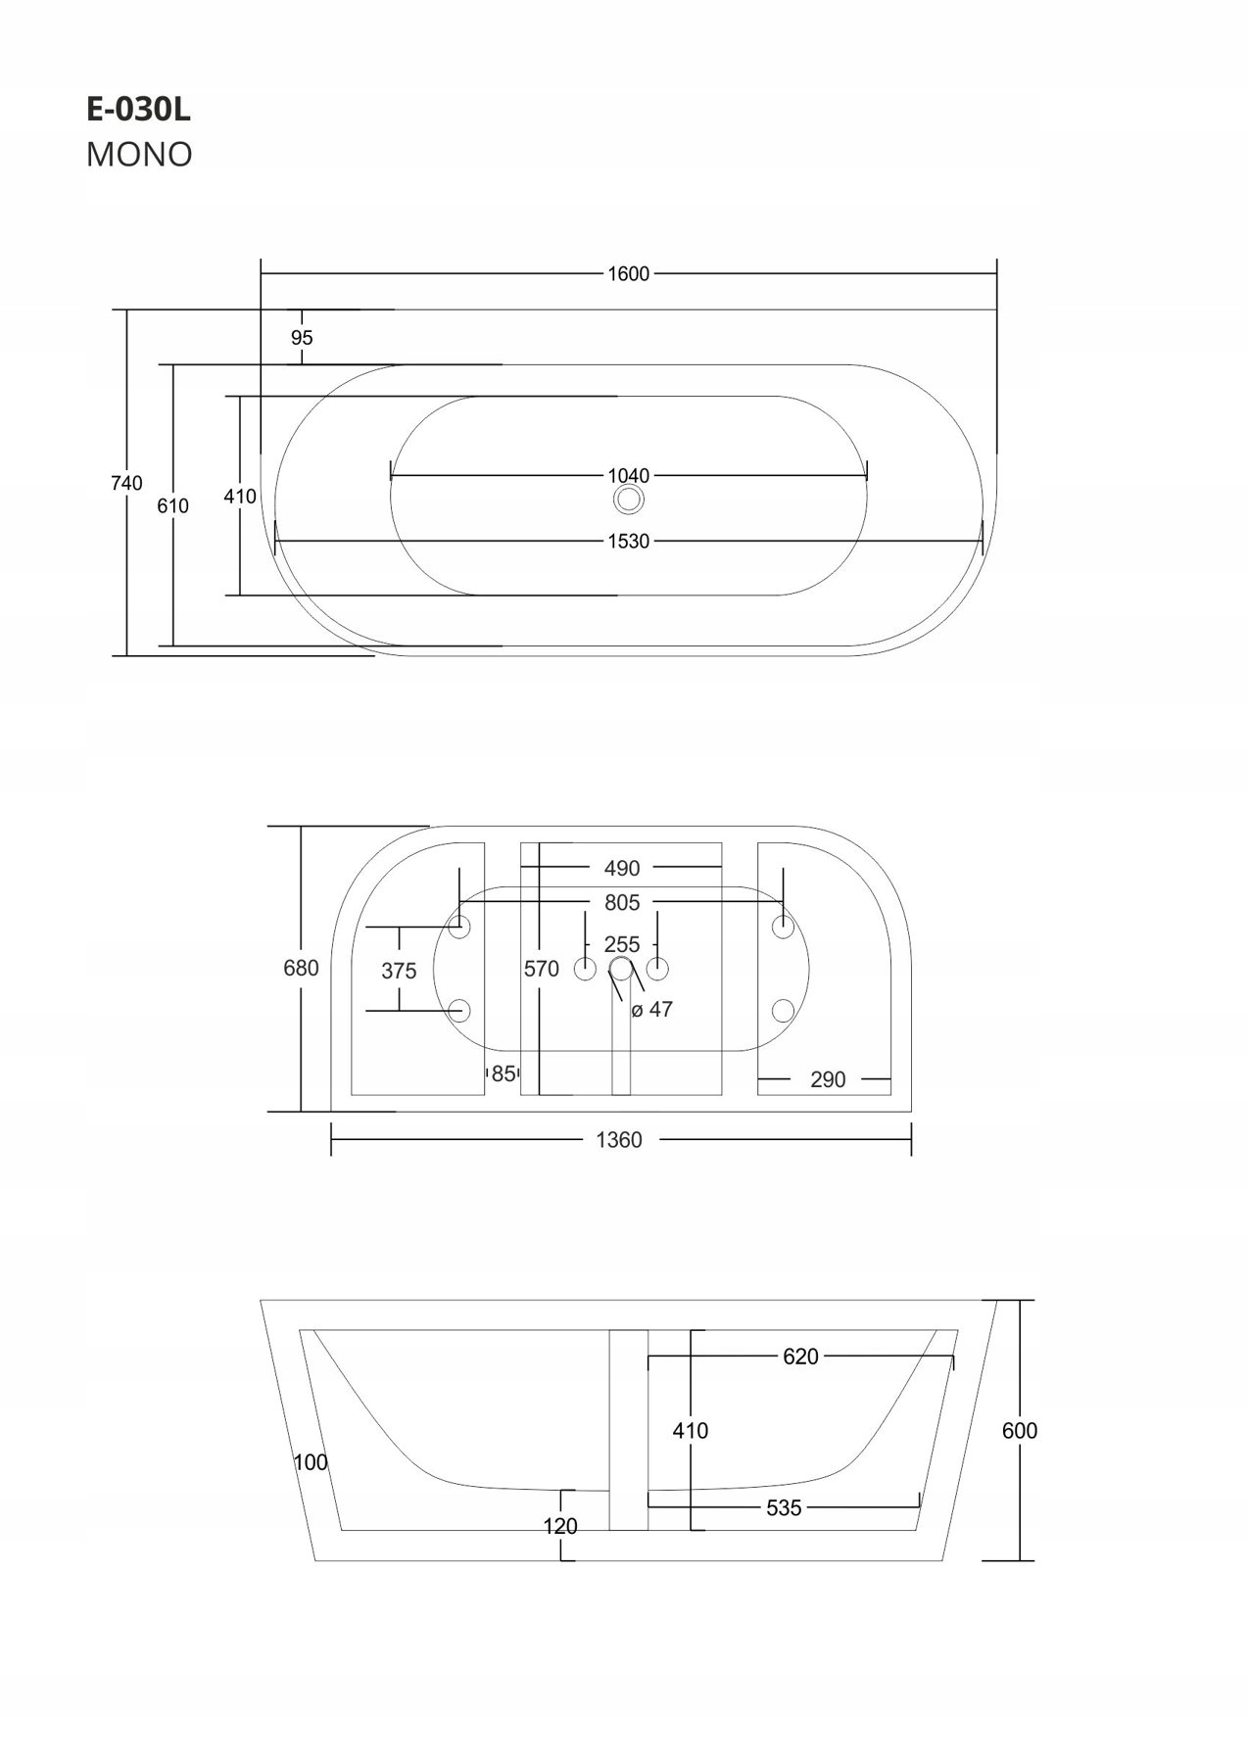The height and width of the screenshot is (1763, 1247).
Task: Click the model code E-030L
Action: (138, 111)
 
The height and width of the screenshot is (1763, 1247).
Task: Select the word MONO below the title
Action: (139, 155)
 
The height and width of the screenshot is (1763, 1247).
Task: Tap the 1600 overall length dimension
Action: (628, 274)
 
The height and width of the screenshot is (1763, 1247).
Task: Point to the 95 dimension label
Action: (302, 338)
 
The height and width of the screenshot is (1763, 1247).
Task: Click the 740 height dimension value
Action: (126, 483)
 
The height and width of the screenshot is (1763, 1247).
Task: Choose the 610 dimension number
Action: (173, 506)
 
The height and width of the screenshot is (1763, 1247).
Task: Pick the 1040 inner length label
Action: (628, 476)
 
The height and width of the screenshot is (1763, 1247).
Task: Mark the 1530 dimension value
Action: (628, 541)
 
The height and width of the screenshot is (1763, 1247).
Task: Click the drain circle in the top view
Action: (628, 500)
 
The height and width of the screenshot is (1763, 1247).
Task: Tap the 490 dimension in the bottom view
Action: (621, 868)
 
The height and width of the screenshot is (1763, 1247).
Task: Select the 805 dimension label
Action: (621, 902)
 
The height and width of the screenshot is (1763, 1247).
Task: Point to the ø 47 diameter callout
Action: (652, 1010)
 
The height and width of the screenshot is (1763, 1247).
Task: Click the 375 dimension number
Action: (399, 971)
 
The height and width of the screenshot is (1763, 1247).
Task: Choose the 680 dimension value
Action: (301, 968)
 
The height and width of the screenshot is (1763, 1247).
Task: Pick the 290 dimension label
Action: (828, 1079)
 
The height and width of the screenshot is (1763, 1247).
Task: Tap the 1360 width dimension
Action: (619, 1140)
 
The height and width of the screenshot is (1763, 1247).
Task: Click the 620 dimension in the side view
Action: (800, 1357)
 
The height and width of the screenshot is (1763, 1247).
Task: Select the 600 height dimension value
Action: (1020, 1431)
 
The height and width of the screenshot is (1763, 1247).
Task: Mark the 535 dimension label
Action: (784, 1508)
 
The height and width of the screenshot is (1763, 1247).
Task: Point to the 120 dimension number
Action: (560, 1526)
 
